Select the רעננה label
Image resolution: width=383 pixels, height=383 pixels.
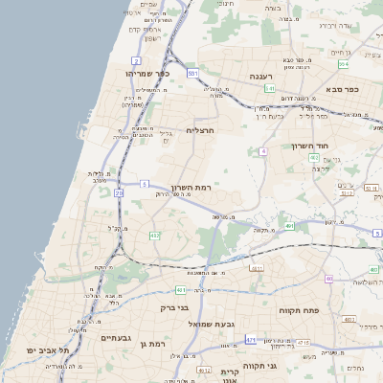tap(262, 75)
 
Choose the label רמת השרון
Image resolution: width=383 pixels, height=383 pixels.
tap(190, 188)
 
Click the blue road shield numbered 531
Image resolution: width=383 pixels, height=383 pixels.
tap(192, 73)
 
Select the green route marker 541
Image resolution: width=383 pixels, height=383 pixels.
tap(270, 88)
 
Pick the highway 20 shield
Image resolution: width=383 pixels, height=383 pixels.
tap(119, 192)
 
